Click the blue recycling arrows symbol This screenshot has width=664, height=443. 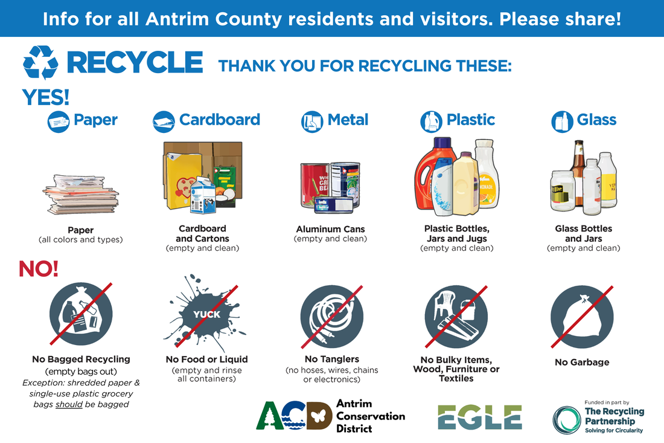point(40,63)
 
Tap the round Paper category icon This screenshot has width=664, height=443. point(59,121)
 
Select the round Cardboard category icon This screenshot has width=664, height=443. point(164,121)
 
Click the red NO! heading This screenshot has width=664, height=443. point(39,269)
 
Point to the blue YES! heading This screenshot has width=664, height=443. point(46,97)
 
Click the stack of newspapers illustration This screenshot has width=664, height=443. point(81,195)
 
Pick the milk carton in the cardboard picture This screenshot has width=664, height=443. point(203,195)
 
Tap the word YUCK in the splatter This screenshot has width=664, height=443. point(206,314)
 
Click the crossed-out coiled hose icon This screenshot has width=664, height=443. point(332,316)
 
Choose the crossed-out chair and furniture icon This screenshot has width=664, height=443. point(456,316)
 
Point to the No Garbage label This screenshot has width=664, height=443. point(582,362)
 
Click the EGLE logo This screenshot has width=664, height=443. point(480,417)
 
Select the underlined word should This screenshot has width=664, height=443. point(69,404)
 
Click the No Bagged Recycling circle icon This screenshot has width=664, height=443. point(81,314)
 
